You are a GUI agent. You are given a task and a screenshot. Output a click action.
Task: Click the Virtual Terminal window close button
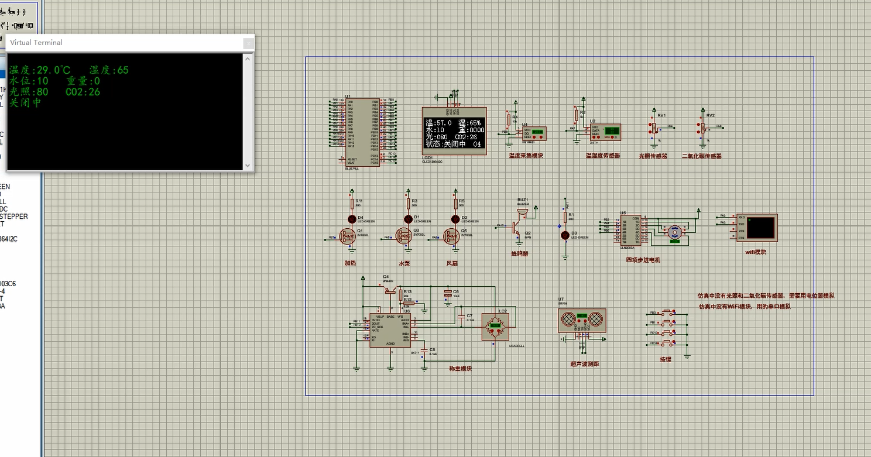(248, 43)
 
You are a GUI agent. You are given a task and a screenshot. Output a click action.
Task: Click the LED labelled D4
(352, 219)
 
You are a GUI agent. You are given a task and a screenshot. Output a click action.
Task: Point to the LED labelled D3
(565, 235)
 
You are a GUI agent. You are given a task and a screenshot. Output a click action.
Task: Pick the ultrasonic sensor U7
(582, 321)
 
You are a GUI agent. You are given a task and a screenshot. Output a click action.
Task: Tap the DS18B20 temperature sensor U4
(534, 134)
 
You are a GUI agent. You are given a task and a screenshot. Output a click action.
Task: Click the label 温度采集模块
(526, 156)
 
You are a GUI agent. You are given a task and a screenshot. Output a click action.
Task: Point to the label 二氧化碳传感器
(701, 156)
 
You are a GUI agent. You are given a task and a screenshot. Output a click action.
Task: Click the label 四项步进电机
(643, 260)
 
